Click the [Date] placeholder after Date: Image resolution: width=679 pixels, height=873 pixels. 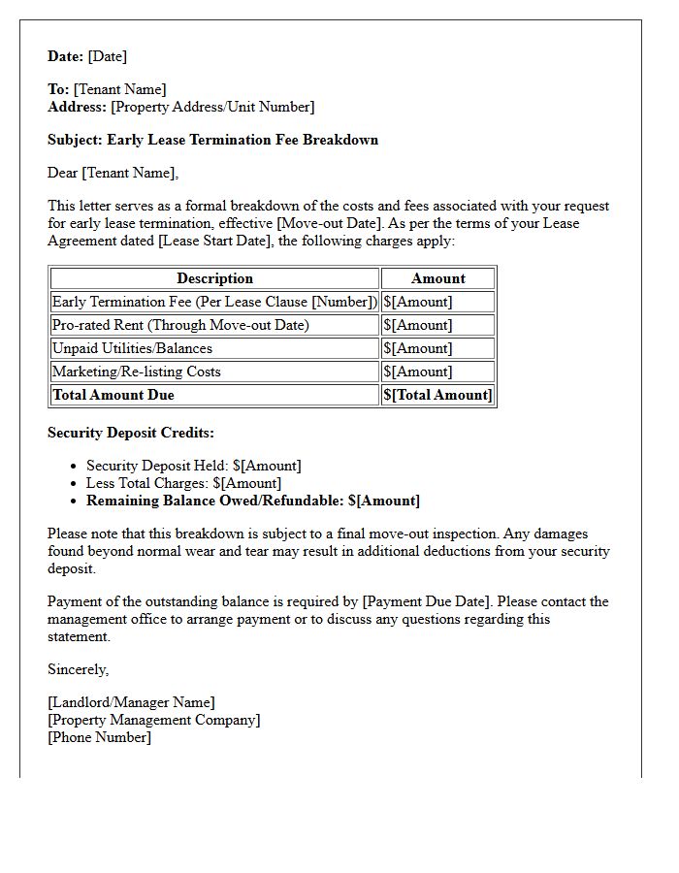click(x=107, y=56)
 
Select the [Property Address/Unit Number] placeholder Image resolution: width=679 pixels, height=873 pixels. click(x=212, y=107)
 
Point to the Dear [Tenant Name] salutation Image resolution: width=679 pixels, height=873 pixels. click(x=113, y=173)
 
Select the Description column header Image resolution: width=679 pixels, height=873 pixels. click(x=214, y=278)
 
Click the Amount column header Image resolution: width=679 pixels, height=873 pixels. click(x=437, y=278)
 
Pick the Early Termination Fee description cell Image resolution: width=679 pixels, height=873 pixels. click(x=214, y=302)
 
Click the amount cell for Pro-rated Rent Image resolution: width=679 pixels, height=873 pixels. click(x=437, y=325)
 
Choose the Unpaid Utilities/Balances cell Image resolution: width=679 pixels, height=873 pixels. click(x=133, y=348)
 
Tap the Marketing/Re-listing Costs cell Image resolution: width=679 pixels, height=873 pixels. click(x=137, y=372)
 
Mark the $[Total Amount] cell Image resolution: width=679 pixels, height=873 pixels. click(x=437, y=395)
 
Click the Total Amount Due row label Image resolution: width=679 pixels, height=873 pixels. click(x=113, y=395)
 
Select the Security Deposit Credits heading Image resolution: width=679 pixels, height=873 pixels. click(x=131, y=433)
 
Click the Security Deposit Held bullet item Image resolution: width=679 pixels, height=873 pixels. click(x=193, y=466)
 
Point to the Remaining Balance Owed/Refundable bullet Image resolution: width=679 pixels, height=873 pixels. click(x=252, y=501)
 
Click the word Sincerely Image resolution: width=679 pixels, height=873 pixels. click(x=78, y=669)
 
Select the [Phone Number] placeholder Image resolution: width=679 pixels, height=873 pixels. click(x=99, y=737)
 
